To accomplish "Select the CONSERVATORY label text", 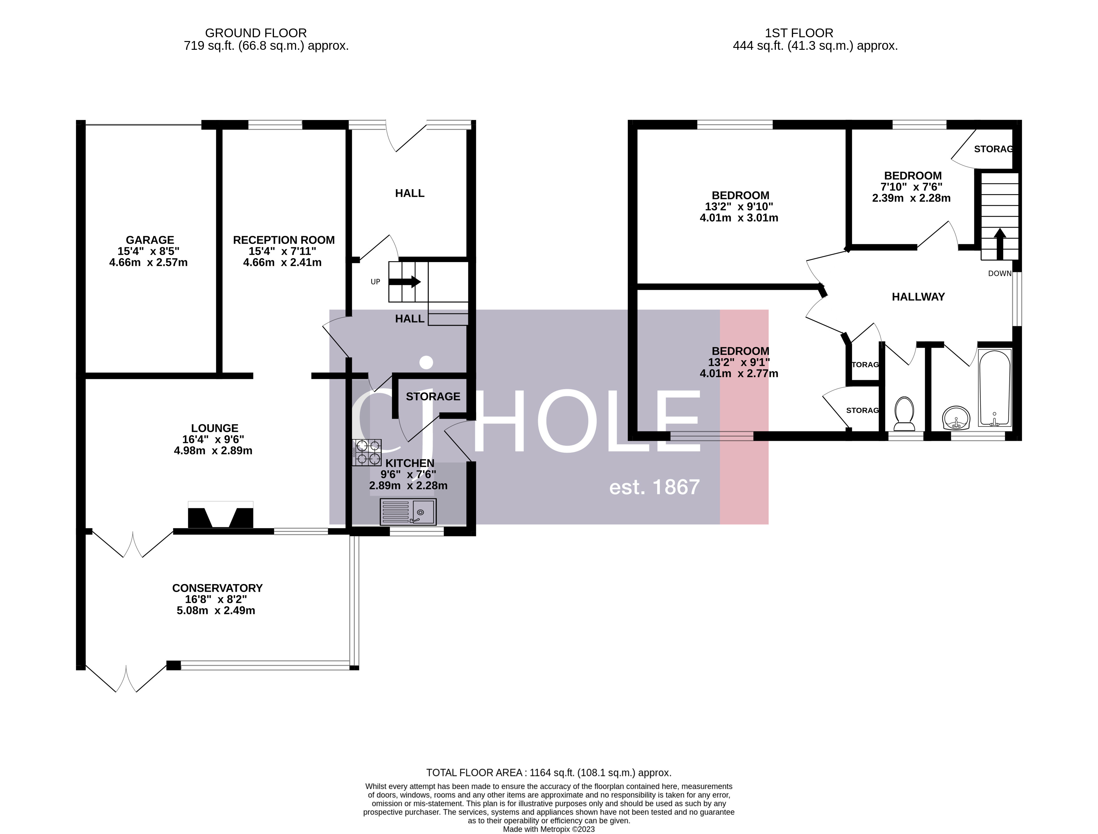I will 217,588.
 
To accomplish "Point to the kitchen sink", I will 408,512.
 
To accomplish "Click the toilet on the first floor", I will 904,413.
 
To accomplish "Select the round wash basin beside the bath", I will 956,418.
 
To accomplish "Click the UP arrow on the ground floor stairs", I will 405,282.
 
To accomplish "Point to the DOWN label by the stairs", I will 999,273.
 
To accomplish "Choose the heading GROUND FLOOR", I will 256,33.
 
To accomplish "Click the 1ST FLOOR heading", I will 799,33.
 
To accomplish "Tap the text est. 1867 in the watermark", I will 654,488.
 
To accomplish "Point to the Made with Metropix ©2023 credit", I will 549,829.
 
